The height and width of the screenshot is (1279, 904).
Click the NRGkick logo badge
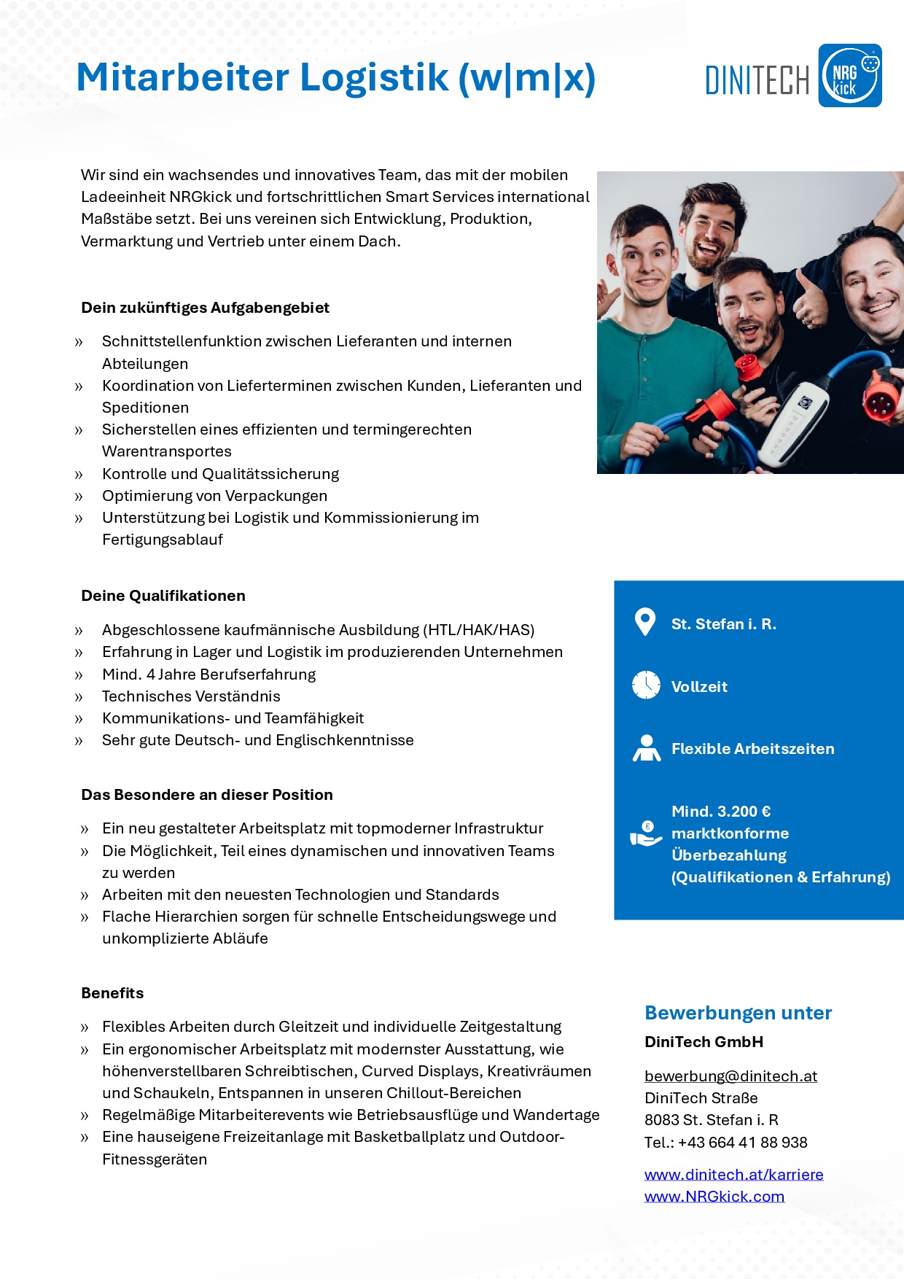pyautogui.click(x=849, y=76)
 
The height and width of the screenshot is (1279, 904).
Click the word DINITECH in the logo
pyautogui.click(x=757, y=80)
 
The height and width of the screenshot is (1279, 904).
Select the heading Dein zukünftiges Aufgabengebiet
pyautogui.click(x=205, y=308)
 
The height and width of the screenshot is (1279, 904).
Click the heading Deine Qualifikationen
pyautogui.click(x=163, y=596)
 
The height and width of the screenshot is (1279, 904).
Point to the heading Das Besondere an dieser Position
pyautogui.click(x=207, y=795)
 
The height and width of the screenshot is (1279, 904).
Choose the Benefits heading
pyautogui.click(x=112, y=993)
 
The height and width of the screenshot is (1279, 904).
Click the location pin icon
pyautogui.click(x=645, y=622)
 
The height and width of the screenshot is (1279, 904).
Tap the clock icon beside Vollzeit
pyautogui.click(x=646, y=685)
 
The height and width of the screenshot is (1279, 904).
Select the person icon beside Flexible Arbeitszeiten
pyautogui.click(x=646, y=748)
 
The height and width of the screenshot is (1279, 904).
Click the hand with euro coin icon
pyautogui.click(x=645, y=833)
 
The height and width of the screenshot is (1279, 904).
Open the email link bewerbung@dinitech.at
pyautogui.click(x=730, y=1076)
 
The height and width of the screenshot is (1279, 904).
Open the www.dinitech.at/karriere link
pyautogui.click(x=733, y=1175)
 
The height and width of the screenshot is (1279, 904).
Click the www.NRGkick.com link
pyautogui.click(x=714, y=1197)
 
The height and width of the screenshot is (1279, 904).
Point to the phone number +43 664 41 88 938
pyautogui.click(x=742, y=1143)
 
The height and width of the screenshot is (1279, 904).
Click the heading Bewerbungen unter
pyautogui.click(x=738, y=1013)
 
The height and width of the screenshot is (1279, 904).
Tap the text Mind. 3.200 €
pyautogui.click(x=721, y=812)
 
